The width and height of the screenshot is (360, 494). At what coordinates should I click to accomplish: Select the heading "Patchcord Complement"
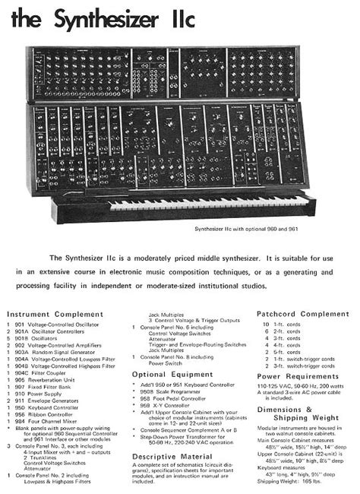[x=303, y=313]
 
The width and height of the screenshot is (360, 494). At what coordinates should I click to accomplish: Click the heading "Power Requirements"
[x=297, y=375]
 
